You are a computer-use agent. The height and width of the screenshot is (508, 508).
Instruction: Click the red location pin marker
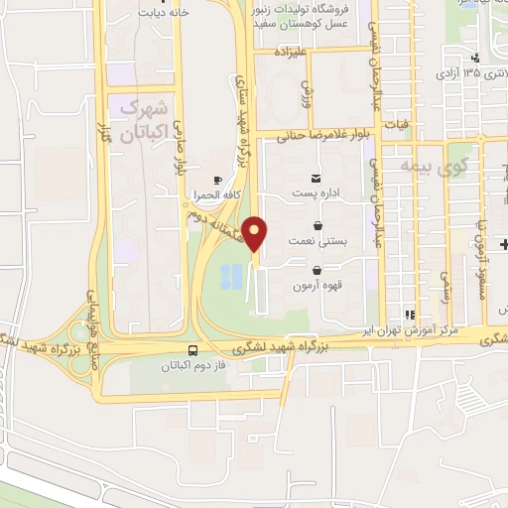[x=256, y=234]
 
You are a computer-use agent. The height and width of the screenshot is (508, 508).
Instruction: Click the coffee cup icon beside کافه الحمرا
[x=218, y=178]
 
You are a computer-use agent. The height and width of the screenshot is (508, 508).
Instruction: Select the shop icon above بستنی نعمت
[x=317, y=225]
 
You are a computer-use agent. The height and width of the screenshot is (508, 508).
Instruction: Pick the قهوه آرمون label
[x=316, y=286]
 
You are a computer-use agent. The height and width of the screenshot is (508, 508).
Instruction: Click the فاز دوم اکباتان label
[x=192, y=365]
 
